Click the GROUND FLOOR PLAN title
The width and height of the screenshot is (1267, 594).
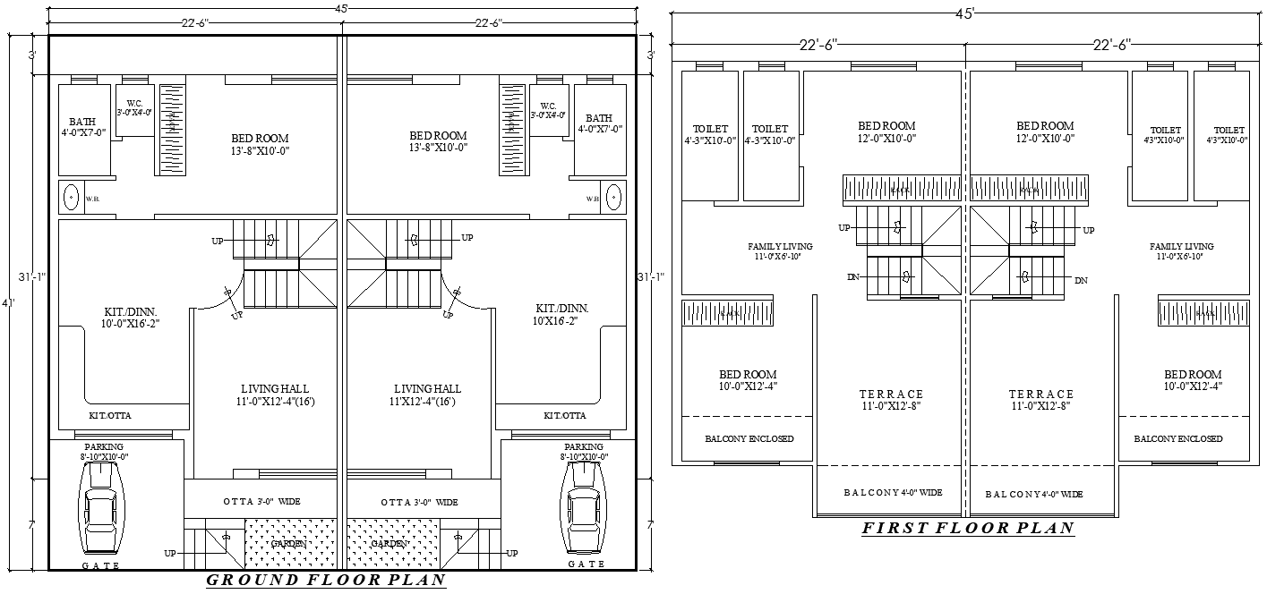[326, 581]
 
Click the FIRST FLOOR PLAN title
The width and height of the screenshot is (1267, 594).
[968, 528]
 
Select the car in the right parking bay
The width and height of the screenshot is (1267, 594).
[584, 511]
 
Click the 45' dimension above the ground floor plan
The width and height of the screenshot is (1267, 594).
[341, 7]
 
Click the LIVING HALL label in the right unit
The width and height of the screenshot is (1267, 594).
[427, 388]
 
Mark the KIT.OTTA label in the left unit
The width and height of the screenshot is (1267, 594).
[111, 415]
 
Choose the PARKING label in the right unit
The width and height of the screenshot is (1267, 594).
[584, 446]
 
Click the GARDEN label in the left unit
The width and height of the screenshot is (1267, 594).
[289, 543]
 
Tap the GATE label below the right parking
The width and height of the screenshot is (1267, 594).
[586, 564]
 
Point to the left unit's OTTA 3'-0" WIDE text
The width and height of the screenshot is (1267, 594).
[261, 502]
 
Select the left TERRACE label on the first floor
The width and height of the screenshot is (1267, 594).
[890, 394]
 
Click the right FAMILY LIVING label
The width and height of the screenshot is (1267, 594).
[1181, 246]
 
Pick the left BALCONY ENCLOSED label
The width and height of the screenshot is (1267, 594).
[749, 439]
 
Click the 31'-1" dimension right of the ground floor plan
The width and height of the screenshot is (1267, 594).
[646, 276]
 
